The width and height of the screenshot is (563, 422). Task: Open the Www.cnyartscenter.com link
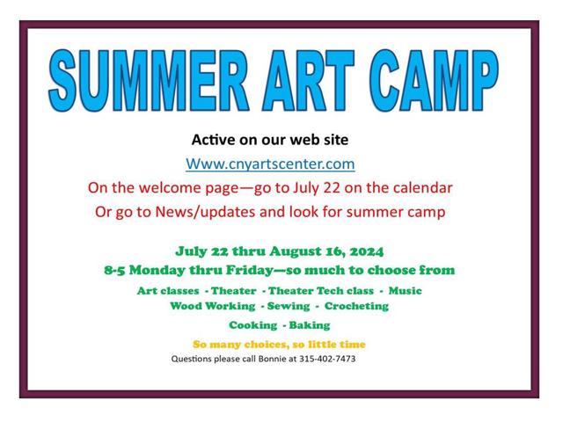click(x=270, y=164)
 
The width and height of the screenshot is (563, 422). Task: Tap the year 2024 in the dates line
click(x=364, y=251)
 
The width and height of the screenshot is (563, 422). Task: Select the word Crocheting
click(x=356, y=306)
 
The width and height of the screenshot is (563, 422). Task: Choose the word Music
click(x=404, y=290)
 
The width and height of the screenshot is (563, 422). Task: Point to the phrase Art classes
click(x=168, y=290)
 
